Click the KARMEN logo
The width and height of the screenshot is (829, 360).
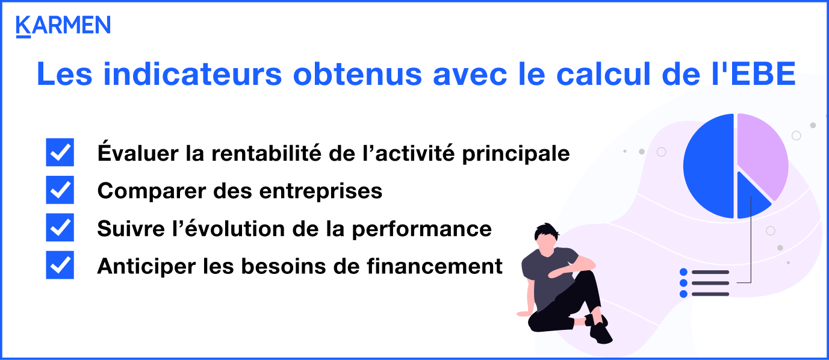tap(63, 26)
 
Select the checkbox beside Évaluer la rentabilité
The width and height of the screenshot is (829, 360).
tap(60, 152)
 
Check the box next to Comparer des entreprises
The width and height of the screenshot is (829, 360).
tap(60, 190)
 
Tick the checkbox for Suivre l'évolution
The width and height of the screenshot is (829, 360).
tap(60, 228)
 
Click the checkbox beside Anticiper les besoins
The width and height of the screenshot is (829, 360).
tap(60, 265)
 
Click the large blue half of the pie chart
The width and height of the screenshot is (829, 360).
tap(708, 166)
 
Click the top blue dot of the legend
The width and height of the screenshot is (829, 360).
tap(683, 272)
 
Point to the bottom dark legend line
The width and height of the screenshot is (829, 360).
tap(710, 294)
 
